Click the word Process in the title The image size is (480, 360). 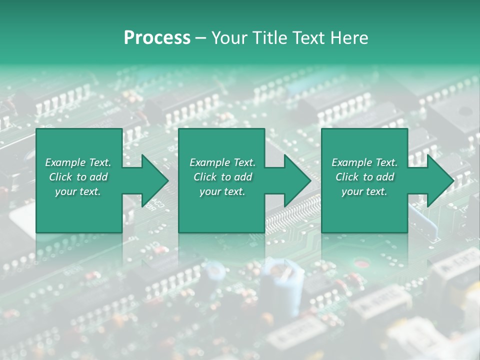[x=157, y=38]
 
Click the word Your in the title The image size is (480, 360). [x=228, y=38]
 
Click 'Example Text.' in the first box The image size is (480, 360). [x=78, y=162]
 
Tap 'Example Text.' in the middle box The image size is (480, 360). [x=222, y=162]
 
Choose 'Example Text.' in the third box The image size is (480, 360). [x=364, y=162]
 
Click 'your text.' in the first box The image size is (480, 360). [x=78, y=191]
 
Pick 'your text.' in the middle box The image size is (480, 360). [x=222, y=191]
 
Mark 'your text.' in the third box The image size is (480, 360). [x=364, y=191]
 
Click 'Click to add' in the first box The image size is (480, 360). [x=78, y=177]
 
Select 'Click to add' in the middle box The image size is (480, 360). [x=222, y=177]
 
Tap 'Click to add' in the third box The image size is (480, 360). [x=364, y=177]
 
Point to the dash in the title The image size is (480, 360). [x=200, y=38]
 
